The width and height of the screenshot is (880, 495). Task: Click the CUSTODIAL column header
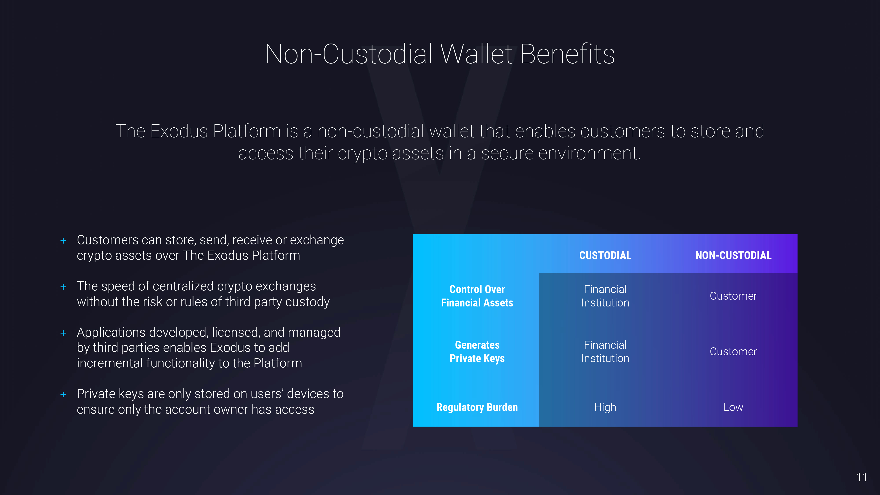tap(605, 255)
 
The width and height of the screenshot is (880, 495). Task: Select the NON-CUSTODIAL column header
tap(733, 255)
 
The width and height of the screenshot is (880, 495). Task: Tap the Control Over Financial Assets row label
tap(477, 296)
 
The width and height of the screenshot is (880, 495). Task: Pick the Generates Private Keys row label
tap(477, 352)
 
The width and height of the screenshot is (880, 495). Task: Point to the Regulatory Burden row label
tap(477, 407)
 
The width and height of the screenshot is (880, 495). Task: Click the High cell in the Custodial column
tap(605, 407)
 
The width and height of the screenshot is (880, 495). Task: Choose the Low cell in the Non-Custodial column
tap(733, 407)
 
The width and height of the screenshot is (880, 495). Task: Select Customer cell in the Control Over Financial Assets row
tap(733, 296)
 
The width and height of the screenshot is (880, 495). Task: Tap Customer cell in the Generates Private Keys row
tap(733, 352)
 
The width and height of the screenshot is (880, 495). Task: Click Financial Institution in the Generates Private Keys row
tap(605, 352)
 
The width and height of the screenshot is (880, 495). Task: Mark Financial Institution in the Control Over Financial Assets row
tap(605, 296)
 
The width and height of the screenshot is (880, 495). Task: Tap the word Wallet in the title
tap(476, 54)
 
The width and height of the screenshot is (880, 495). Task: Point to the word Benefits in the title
tap(567, 54)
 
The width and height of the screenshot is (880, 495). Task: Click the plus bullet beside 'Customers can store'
tap(63, 241)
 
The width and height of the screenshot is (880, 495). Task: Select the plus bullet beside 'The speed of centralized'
tap(63, 287)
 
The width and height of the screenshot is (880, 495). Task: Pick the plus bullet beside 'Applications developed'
tap(63, 333)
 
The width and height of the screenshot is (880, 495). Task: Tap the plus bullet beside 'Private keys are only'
tap(63, 394)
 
